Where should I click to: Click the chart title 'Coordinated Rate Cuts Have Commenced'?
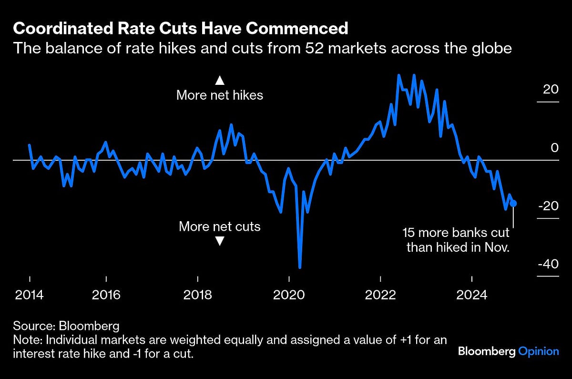[x=180, y=29]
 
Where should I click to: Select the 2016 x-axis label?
[x=106, y=295]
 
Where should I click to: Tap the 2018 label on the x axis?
[x=197, y=295]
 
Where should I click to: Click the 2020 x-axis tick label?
[x=289, y=295]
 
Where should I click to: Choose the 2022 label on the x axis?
[x=380, y=295]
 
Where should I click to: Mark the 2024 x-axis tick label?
[x=471, y=295]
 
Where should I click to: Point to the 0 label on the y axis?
[x=555, y=148]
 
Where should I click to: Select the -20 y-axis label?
[x=548, y=206]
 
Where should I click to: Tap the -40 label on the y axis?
[x=548, y=264]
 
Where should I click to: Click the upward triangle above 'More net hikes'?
[x=219, y=80]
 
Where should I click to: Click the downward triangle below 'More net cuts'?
[x=219, y=242]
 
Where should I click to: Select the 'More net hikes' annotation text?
[x=219, y=95]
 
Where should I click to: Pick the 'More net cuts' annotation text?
[x=219, y=226]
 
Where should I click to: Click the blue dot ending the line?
[x=513, y=204]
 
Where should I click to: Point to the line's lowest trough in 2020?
[x=300, y=267]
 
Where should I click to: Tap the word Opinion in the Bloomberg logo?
[x=538, y=351]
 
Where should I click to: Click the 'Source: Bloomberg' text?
[x=66, y=326]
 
